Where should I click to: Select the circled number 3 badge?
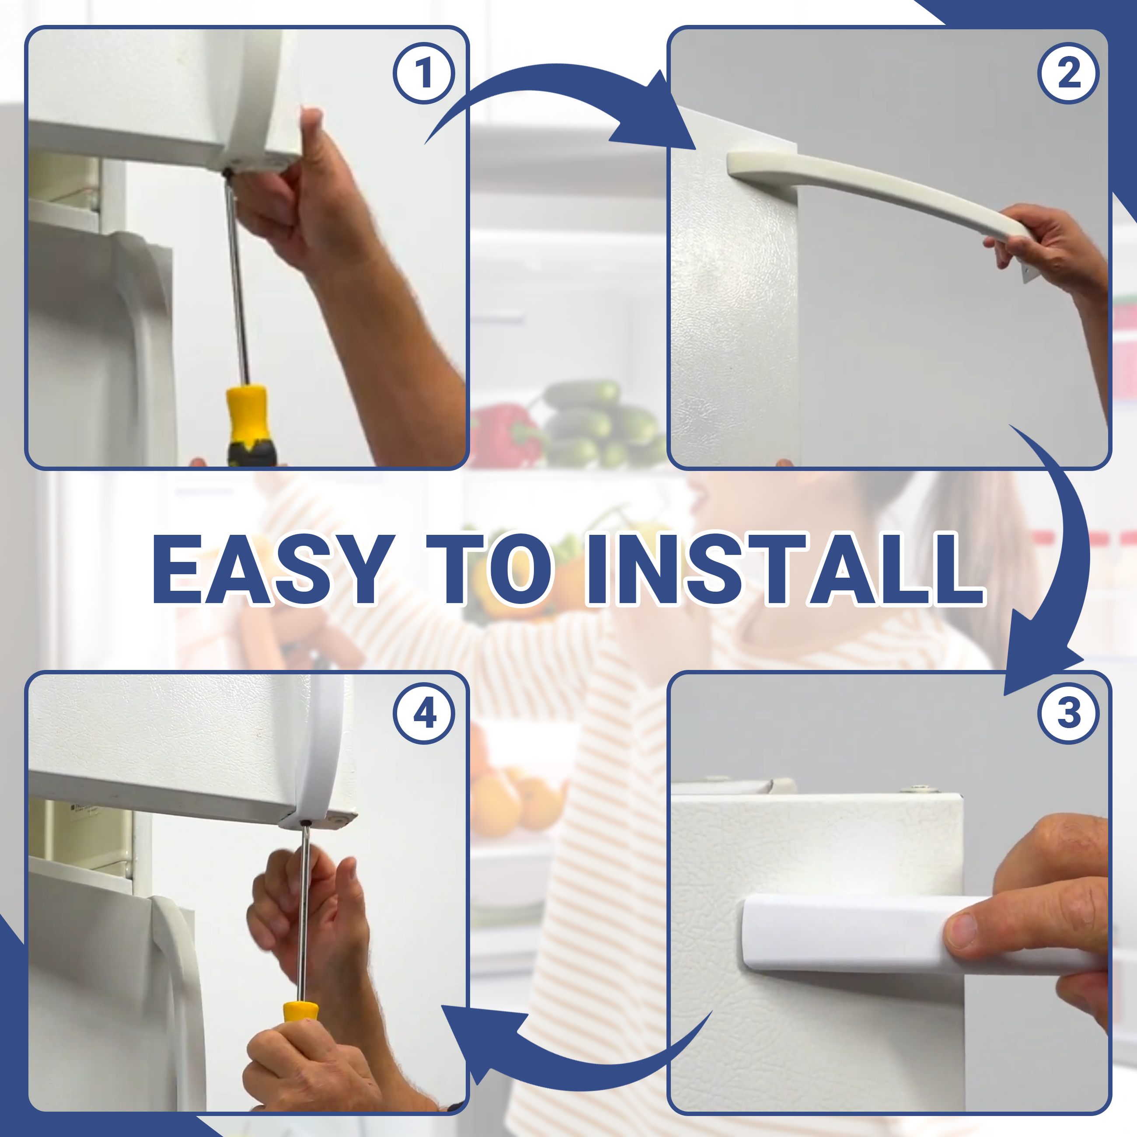[1067, 714]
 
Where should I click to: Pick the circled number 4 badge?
[424, 714]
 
